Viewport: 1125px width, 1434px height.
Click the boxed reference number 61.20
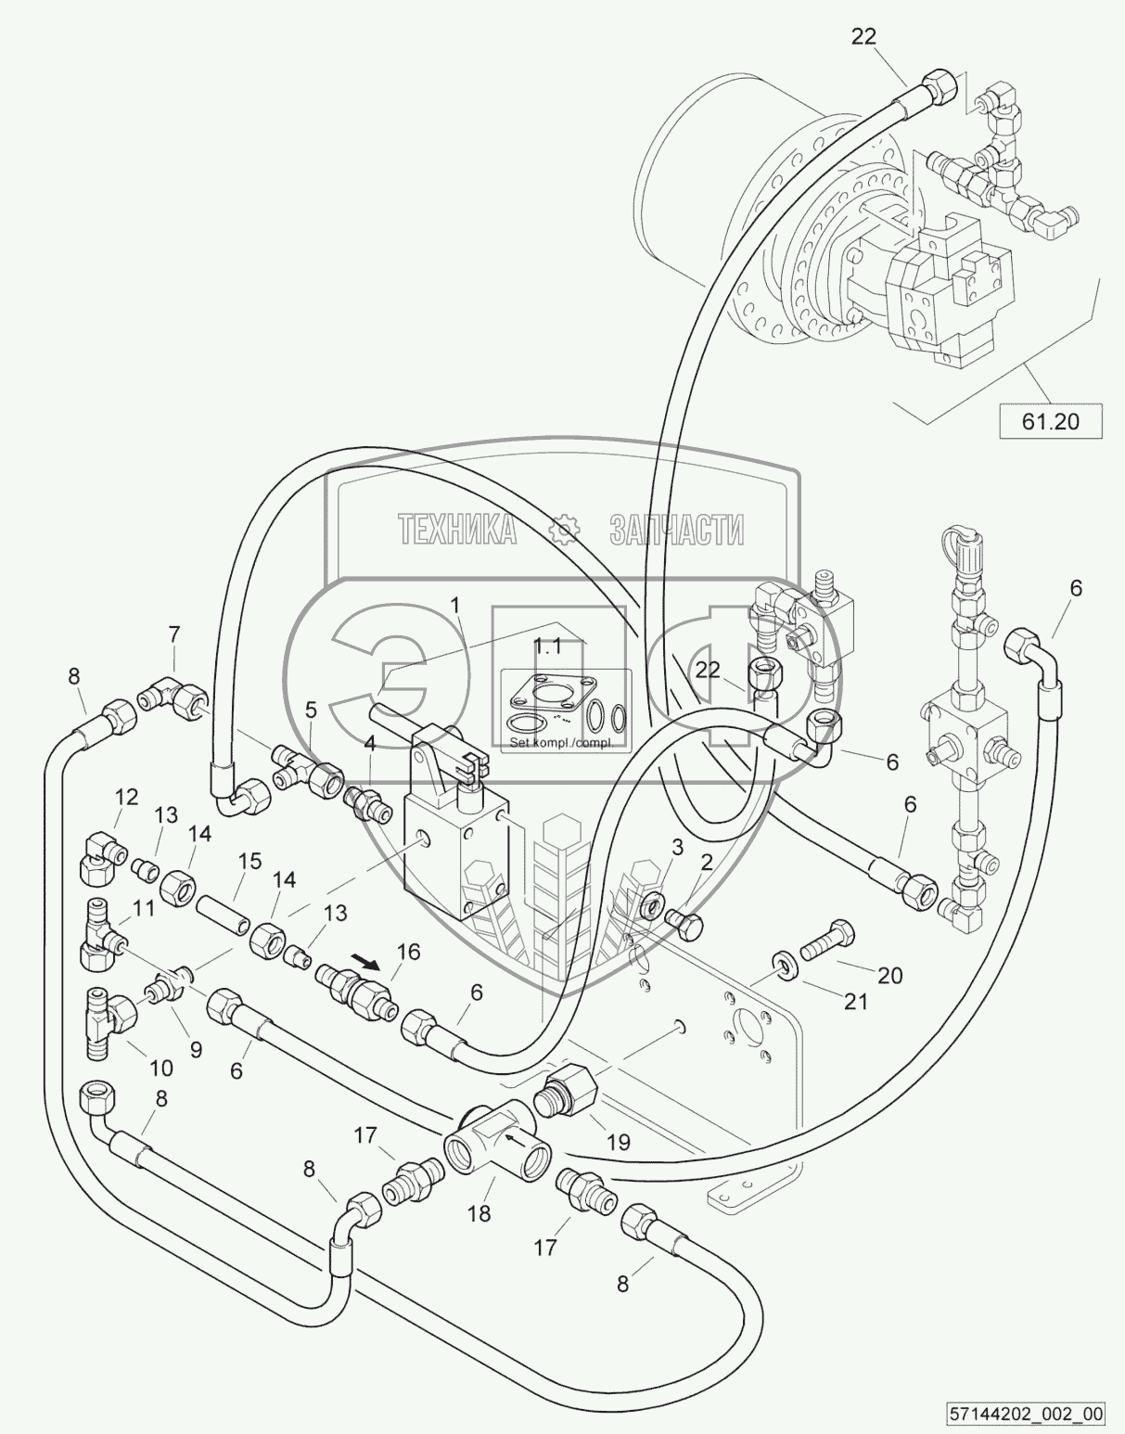click(x=1050, y=421)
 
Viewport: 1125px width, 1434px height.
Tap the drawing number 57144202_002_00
click(x=1027, y=1414)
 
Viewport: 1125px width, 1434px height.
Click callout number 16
click(x=408, y=952)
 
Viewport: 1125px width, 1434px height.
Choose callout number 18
click(x=479, y=1213)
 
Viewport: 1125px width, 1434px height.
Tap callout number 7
click(x=173, y=635)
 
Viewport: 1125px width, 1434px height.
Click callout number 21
click(x=856, y=1002)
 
